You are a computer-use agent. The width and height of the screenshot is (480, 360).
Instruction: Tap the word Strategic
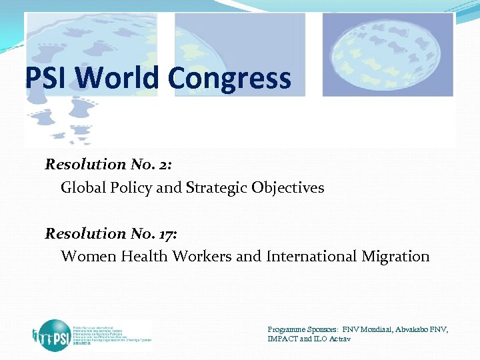pos(217,188)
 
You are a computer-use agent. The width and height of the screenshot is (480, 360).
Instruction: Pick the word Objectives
pos(288,189)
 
